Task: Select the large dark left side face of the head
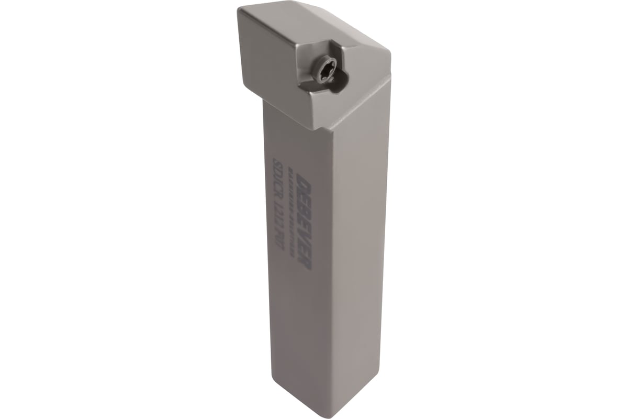[x=272, y=58]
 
